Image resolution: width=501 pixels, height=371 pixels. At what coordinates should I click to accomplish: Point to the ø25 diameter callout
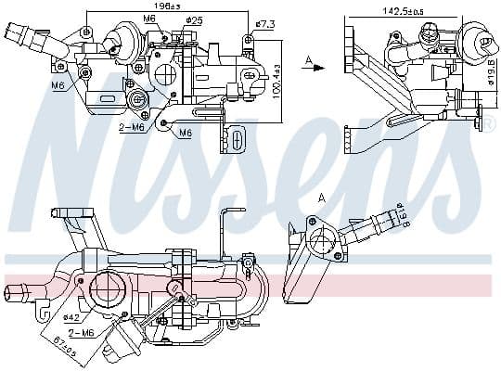(194, 19)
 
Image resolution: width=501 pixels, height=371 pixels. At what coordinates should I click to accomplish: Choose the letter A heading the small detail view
(322, 197)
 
